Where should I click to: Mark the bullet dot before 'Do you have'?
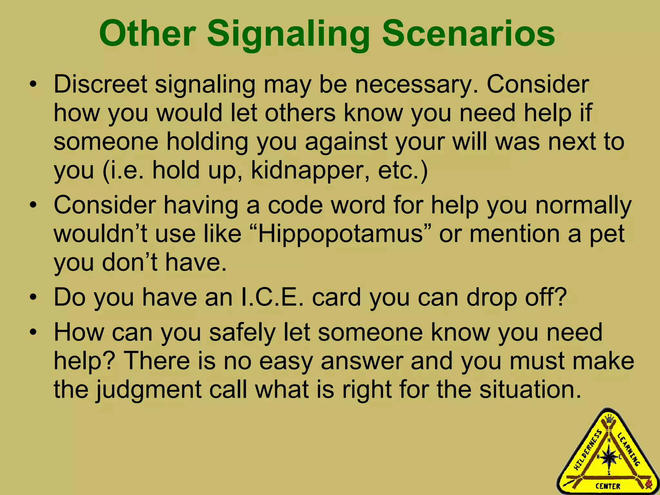(x=33, y=297)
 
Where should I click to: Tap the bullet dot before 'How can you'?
(x=33, y=333)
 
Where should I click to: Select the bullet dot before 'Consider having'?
(x=33, y=206)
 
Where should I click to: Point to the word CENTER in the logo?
(x=608, y=486)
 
